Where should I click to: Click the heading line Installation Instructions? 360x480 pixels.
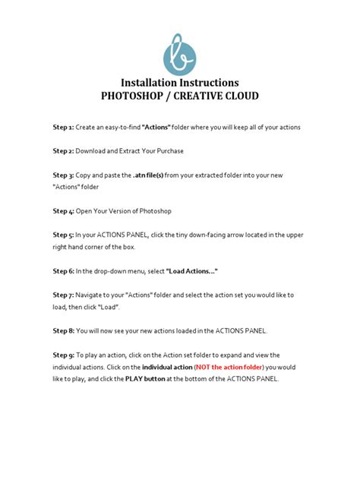point(180,82)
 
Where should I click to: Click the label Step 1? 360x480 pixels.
point(63,127)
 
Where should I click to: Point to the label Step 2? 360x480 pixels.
point(63,151)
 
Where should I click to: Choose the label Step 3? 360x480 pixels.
point(63,175)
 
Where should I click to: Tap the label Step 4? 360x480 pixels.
point(63,210)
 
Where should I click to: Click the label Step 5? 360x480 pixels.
point(63,234)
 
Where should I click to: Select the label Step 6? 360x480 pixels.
point(63,270)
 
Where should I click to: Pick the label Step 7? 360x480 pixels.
point(63,294)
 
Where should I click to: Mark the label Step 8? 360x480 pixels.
point(63,330)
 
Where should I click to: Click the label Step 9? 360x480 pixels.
point(63,355)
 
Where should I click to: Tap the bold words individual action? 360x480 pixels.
point(163,367)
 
